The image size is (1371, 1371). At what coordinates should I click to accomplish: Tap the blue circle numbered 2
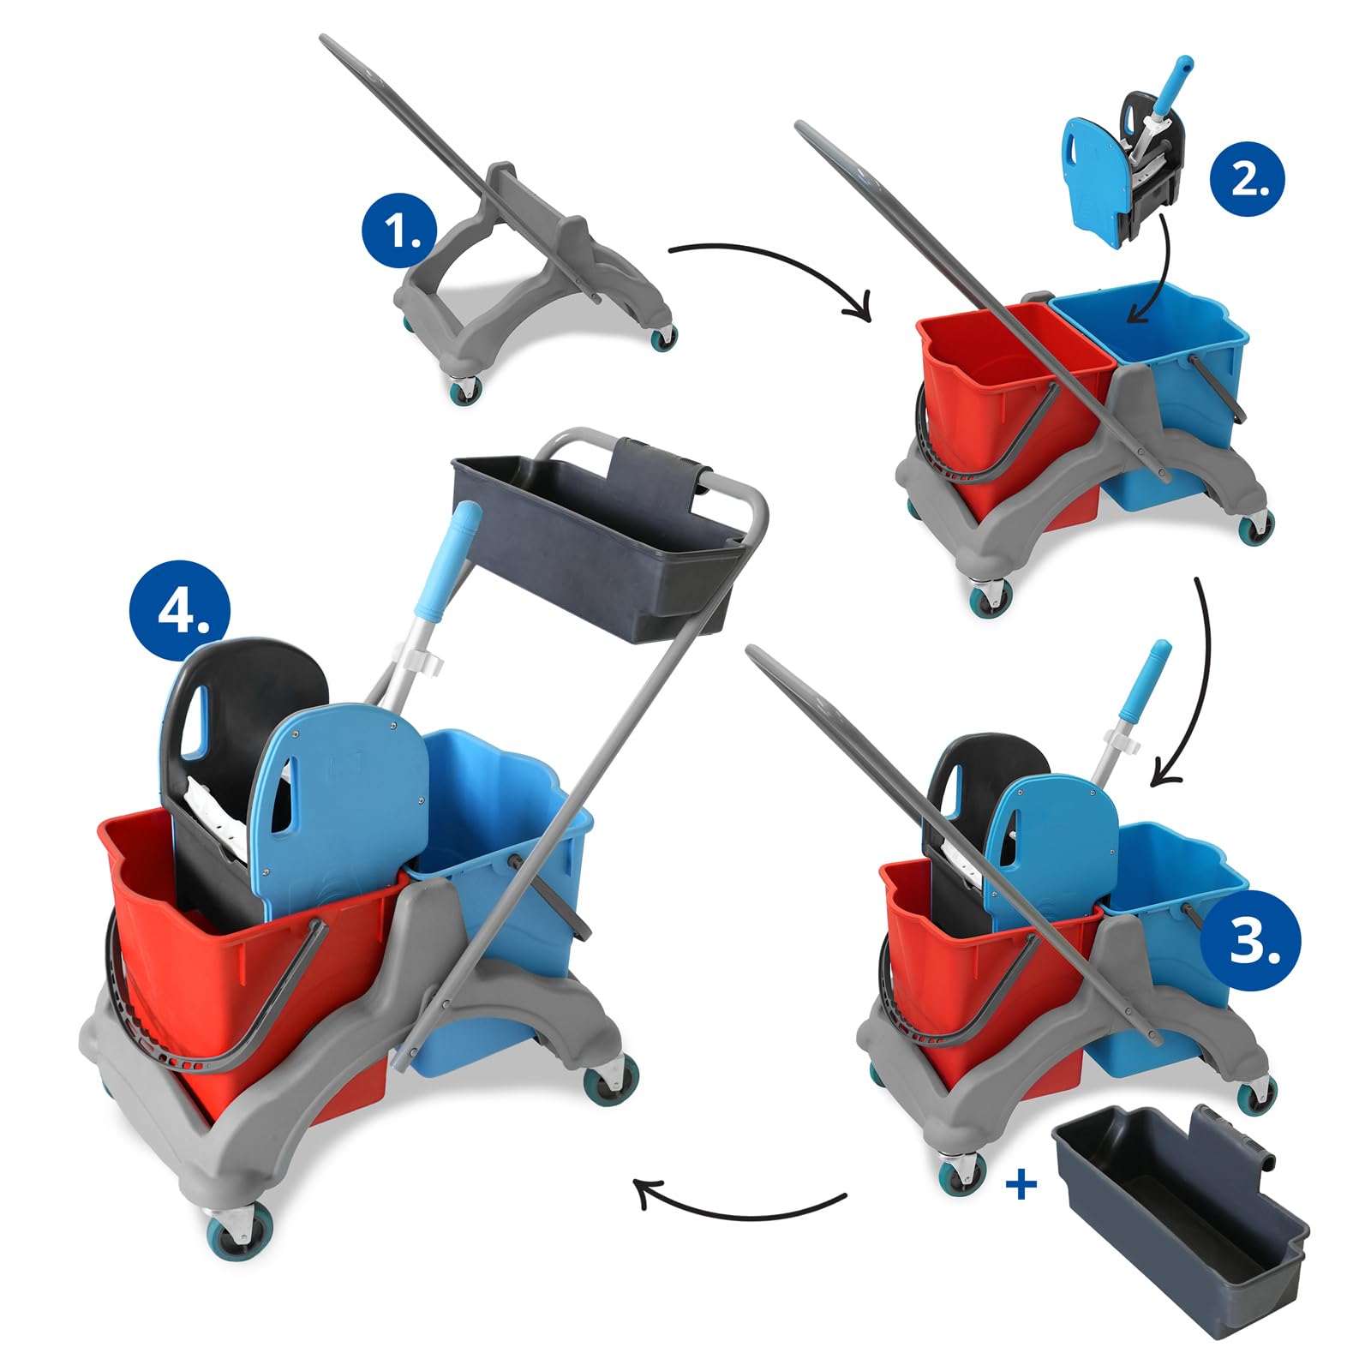pos(1248,179)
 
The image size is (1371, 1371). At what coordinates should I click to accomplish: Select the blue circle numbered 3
pos(1250,941)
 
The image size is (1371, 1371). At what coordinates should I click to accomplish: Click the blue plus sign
pos(1021,1184)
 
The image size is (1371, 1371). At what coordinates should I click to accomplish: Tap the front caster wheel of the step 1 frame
pos(464,390)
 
